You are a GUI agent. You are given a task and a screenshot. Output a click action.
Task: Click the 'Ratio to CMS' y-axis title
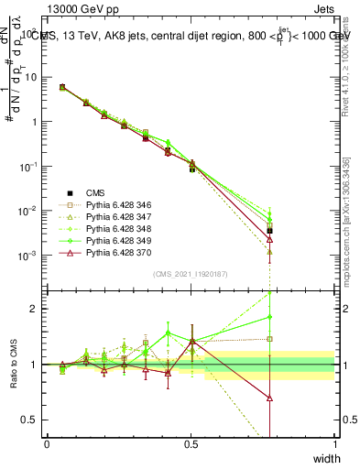coord(14,366)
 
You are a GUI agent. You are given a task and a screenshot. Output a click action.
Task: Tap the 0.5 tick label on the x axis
coord(191,442)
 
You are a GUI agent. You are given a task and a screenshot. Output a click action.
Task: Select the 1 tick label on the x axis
coord(334,442)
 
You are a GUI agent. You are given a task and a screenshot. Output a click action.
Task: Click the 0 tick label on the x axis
coord(47,442)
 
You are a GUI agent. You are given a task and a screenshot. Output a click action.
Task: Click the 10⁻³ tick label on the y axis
coord(28,255)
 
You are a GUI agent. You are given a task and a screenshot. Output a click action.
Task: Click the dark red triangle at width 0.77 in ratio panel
coord(269,398)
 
